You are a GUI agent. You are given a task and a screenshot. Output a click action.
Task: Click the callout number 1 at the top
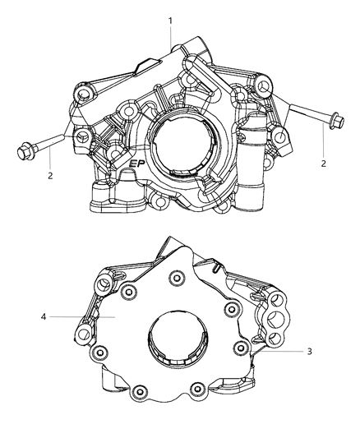click(x=170, y=19)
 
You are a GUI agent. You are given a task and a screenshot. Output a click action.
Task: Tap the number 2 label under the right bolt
click(x=324, y=164)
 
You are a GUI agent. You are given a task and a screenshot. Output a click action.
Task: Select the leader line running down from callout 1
click(x=171, y=37)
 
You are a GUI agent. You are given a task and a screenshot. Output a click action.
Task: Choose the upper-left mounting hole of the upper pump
click(x=83, y=98)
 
